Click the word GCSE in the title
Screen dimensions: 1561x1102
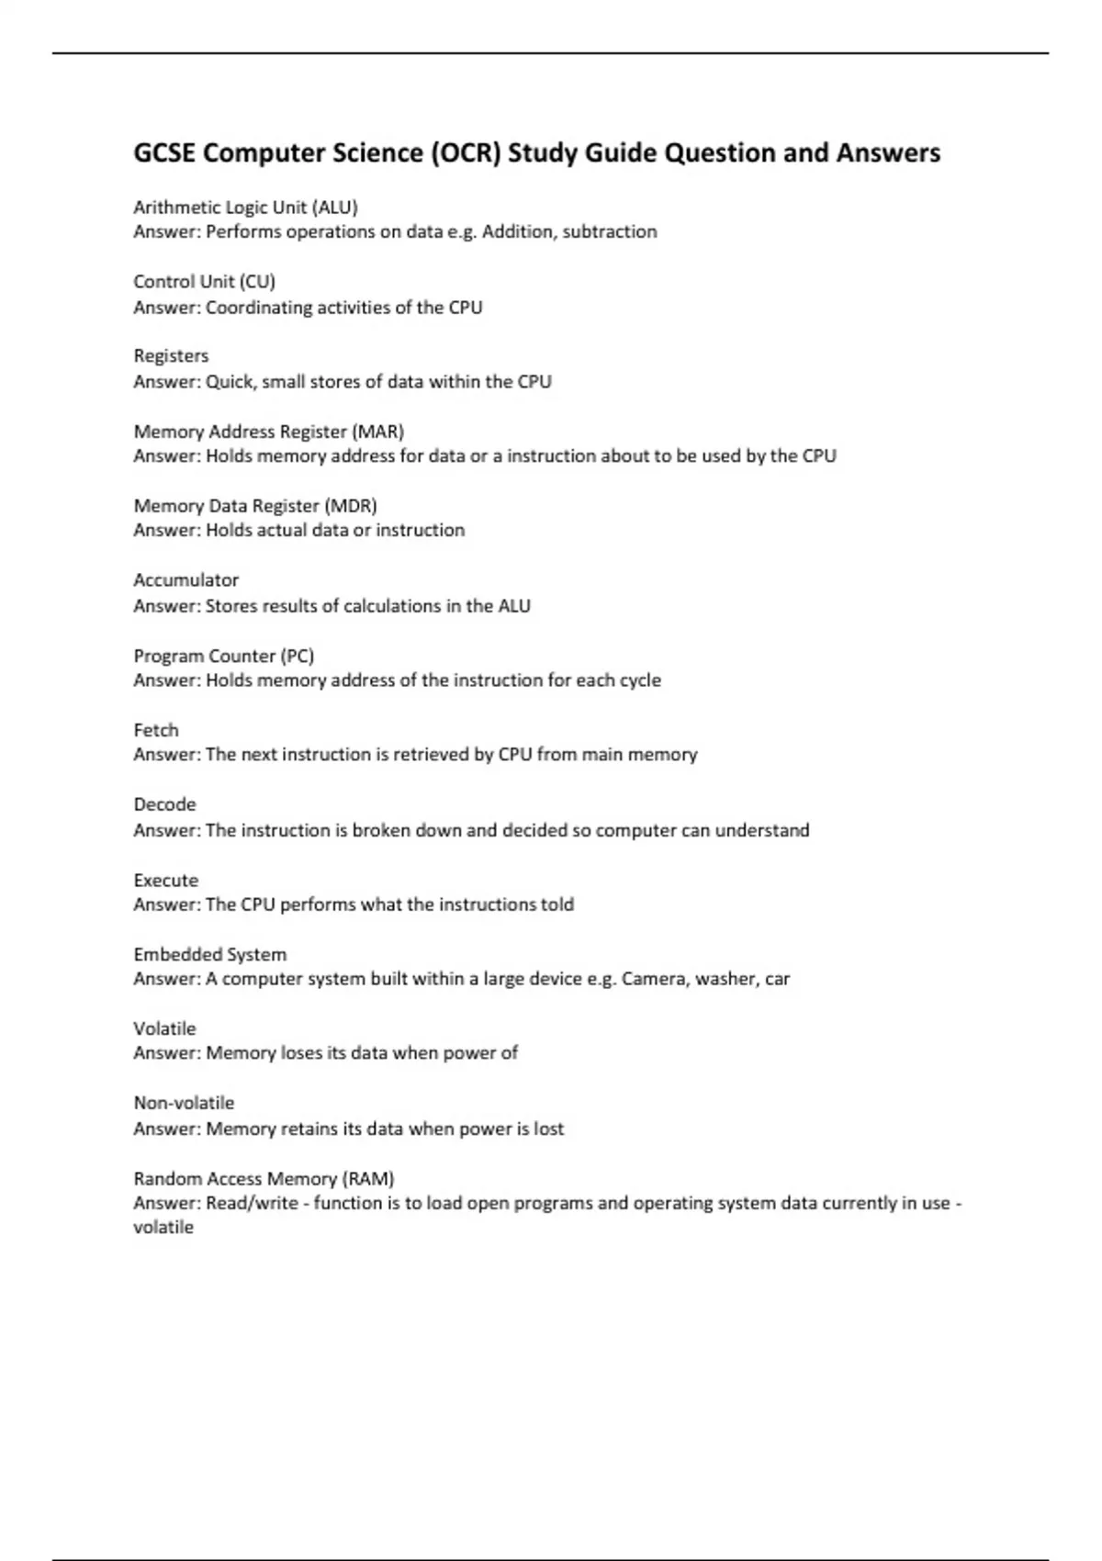point(164,152)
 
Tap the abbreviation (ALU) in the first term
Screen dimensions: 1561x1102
point(335,208)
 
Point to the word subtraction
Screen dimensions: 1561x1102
point(610,231)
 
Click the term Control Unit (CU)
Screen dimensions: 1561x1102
point(204,282)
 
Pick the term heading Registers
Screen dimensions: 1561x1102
point(171,356)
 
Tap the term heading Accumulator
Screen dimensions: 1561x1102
point(186,580)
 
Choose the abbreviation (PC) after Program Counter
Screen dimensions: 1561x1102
point(298,657)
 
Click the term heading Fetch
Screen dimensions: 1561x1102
point(156,731)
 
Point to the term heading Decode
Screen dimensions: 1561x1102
point(164,804)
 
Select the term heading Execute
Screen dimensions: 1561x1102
point(165,881)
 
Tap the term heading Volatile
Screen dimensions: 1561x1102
point(164,1029)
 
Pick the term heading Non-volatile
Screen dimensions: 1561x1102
point(184,1103)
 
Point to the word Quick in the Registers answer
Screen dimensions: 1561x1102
point(230,382)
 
